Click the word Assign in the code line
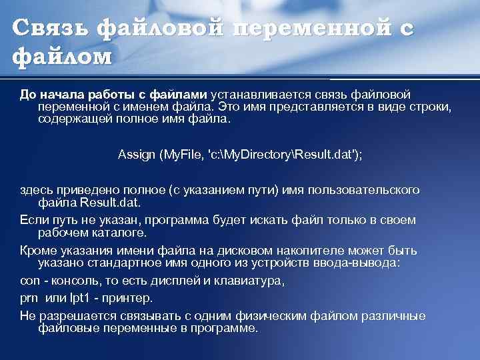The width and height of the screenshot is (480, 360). pos(136,155)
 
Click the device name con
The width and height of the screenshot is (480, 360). pos(29,281)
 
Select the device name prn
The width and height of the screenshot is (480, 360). pos(29,298)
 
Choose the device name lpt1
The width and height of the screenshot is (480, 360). pos(77,298)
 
